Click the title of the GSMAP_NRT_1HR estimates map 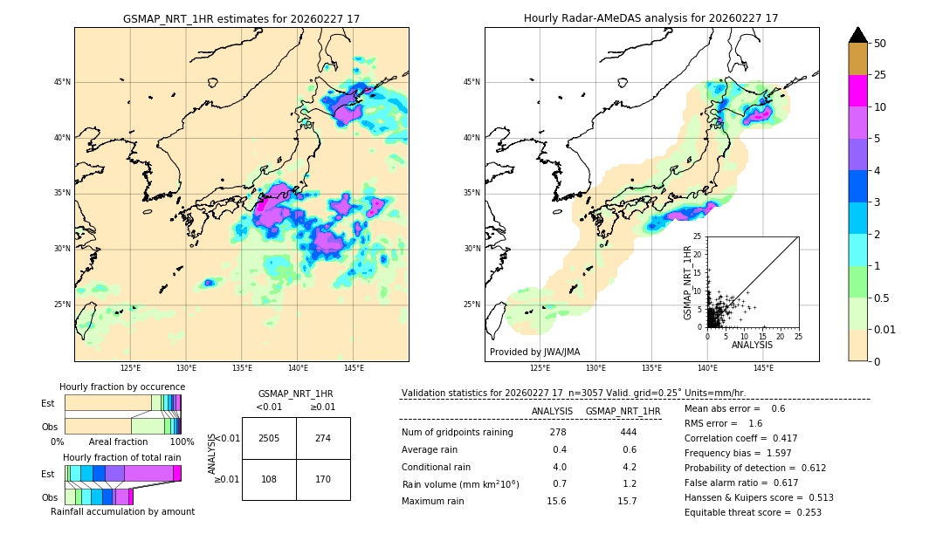[x=241, y=18]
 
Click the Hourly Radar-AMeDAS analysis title [x=651, y=18]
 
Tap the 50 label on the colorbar [x=880, y=44]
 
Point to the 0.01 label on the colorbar [x=885, y=329]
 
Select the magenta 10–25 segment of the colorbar [x=857, y=91]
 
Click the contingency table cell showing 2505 [x=269, y=438]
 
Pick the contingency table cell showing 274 [x=323, y=438]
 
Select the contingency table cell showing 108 [x=269, y=479]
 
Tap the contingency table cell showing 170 [x=323, y=479]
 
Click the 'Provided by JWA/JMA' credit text [x=534, y=352]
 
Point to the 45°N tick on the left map [x=62, y=82]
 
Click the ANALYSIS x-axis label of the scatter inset [x=752, y=345]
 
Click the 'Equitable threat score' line [x=753, y=512]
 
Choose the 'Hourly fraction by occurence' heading [x=122, y=387]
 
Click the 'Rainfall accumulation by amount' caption [x=122, y=511]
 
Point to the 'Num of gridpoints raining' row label [x=457, y=432]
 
